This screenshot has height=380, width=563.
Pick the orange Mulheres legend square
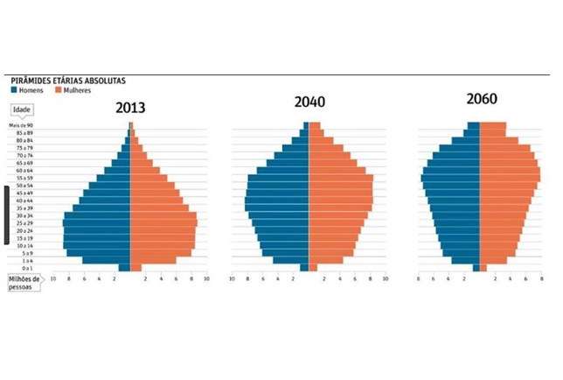coord(58,90)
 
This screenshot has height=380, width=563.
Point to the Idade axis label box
coord(22,109)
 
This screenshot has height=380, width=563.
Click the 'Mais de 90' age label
coord(20,126)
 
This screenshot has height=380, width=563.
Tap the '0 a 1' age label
coord(26,268)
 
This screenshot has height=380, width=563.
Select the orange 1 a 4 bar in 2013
coord(152,260)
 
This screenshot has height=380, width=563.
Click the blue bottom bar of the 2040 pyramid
coord(304,268)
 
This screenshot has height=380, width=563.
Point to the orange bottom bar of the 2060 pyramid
coord(483,268)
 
